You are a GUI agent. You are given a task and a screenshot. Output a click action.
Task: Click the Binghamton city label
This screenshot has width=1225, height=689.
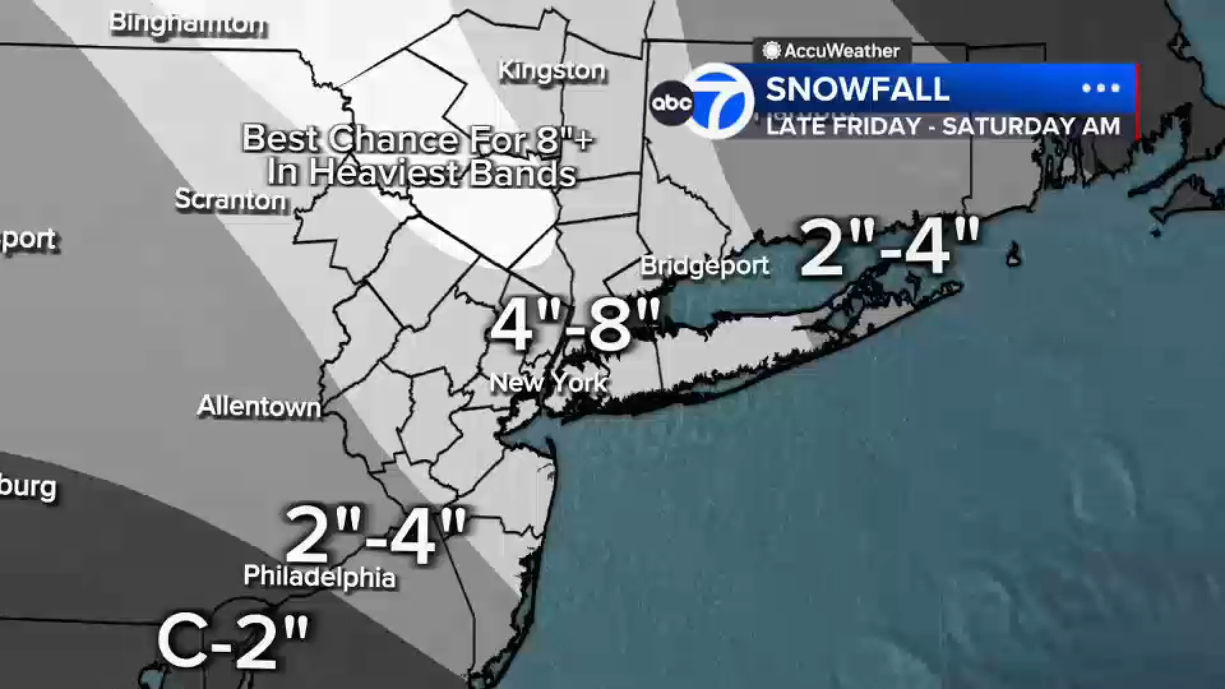[188, 24]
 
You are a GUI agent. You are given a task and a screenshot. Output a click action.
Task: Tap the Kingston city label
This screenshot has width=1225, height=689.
[552, 71]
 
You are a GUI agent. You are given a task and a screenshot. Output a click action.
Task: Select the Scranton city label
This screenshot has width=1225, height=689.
[231, 200]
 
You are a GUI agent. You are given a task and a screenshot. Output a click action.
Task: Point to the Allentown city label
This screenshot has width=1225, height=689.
[259, 406]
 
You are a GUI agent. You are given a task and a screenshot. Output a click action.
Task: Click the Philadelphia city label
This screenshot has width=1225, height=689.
[320, 577]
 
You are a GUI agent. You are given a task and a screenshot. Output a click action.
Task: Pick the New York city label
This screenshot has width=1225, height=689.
[548, 383]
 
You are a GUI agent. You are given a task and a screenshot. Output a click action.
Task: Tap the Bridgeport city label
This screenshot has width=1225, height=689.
[705, 266]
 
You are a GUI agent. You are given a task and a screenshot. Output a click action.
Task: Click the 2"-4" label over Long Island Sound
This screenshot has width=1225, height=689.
[889, 248]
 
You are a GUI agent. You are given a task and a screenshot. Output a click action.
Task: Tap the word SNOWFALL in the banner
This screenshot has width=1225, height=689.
[857, 89]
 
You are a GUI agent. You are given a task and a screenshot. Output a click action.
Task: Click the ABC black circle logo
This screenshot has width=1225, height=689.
[671, 103]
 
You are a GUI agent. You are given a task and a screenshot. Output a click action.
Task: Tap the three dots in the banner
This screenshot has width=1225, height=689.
[1101, 89]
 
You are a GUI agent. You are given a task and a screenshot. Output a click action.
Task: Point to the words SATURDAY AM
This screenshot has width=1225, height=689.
[1031, 126]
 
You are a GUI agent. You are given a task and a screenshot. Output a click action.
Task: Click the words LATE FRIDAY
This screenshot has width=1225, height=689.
[843, 126]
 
